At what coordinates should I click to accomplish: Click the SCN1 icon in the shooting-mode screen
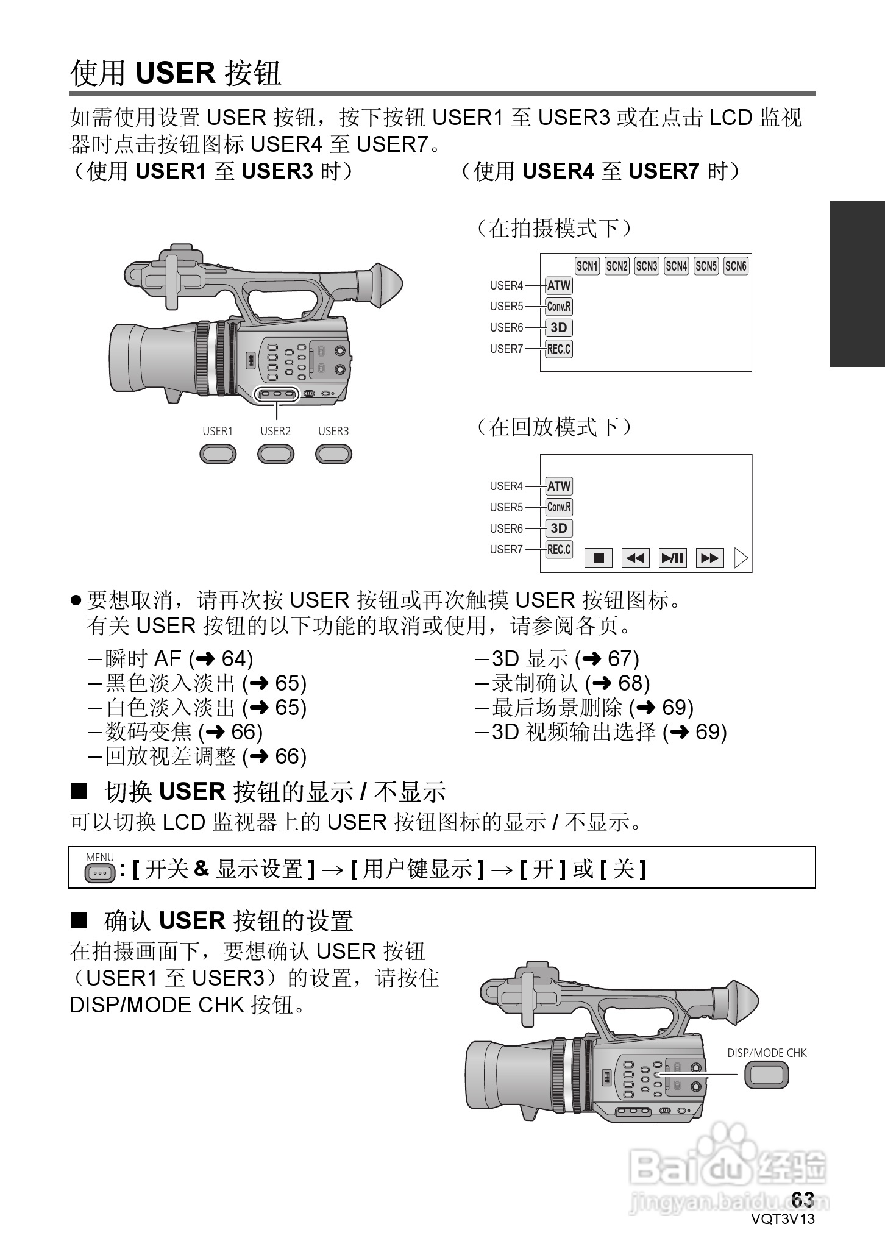587,266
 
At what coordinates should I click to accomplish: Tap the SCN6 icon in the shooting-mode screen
736,266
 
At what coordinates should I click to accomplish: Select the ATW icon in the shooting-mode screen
558,285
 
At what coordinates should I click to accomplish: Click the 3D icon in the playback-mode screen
558,528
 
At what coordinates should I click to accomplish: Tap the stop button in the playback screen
599,558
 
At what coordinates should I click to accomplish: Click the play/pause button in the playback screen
673,558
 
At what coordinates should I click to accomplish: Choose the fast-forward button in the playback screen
710,558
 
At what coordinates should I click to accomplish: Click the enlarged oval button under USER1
218,454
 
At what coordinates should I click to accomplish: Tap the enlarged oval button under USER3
333,454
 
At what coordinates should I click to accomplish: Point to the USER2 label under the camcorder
275,431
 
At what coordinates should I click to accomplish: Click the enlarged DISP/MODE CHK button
766,1075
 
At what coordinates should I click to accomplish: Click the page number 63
803,1199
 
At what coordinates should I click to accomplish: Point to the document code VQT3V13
783,1219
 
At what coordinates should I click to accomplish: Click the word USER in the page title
176,73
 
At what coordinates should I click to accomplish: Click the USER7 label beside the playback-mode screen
506,549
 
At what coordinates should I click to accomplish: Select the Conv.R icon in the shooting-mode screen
558,306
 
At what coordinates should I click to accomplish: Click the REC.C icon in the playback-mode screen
558,549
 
